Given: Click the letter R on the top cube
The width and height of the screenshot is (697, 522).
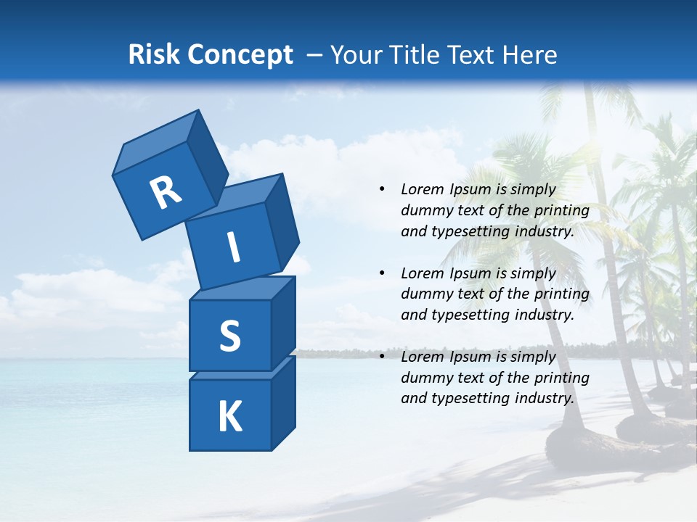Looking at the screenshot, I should pos(166,193).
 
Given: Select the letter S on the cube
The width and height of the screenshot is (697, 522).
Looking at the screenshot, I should pos(229,336).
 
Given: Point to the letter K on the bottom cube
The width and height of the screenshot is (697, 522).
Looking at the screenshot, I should pos(229,417).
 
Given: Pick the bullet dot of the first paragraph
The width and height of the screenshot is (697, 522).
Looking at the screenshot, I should pos(382,189).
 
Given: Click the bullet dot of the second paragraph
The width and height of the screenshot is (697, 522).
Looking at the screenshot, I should pos(382,273).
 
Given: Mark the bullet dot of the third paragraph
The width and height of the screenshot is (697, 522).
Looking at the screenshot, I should pos(382,357).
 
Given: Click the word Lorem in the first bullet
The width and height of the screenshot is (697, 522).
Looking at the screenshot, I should pos(422,189).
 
